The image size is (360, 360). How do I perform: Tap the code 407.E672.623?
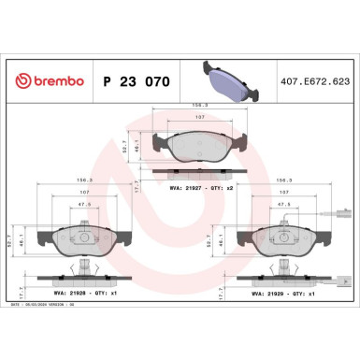(321, 82)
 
